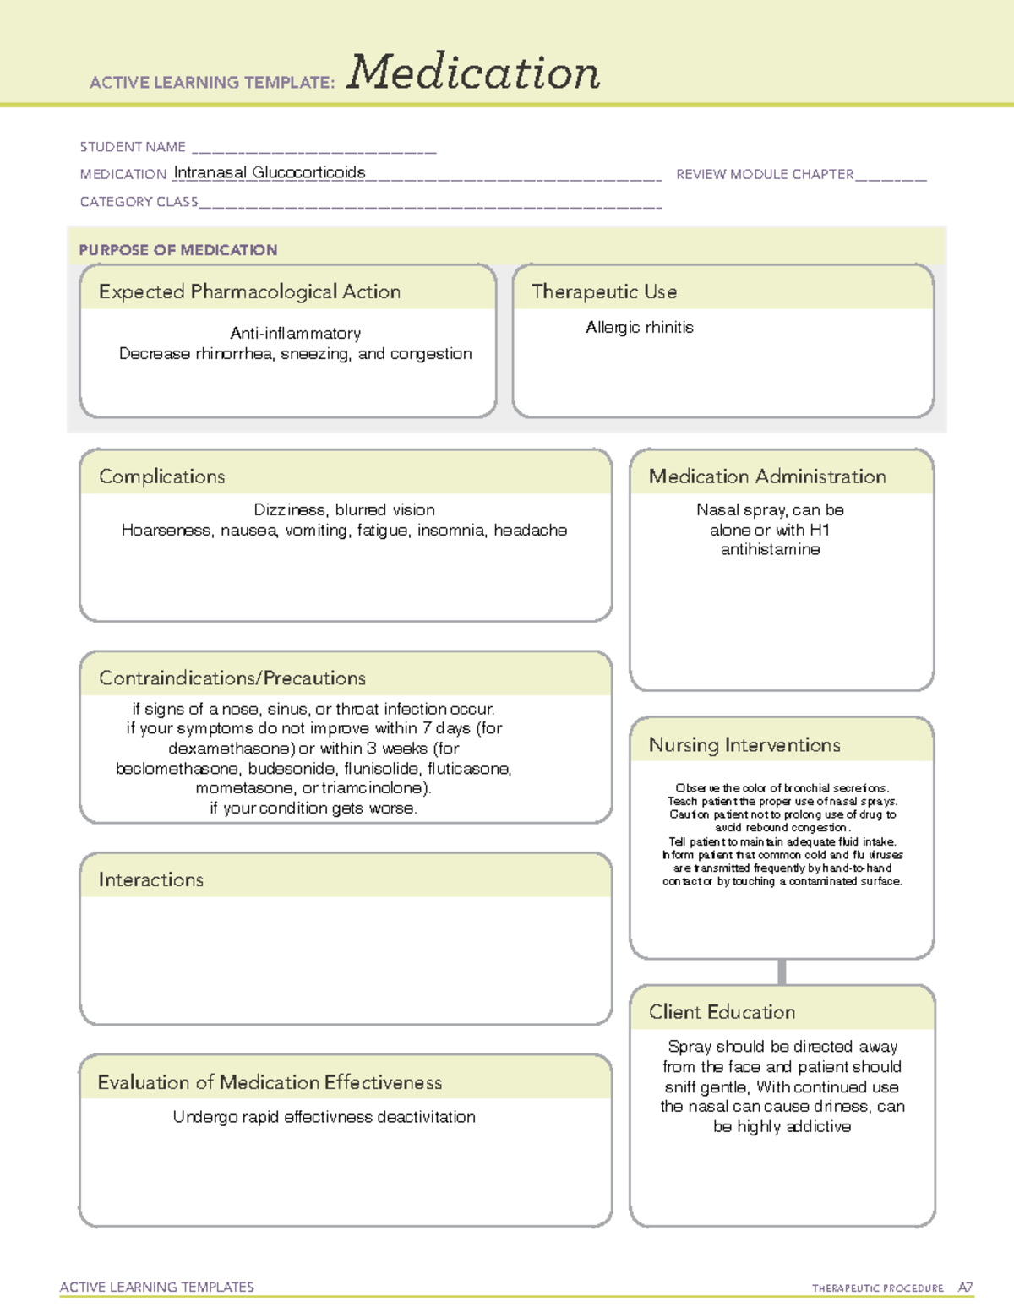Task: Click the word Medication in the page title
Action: (x=473, y=73)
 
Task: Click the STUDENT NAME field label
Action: (x=133, y=147)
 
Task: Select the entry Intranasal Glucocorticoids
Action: (x=270, y=172)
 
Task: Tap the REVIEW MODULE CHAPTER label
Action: (x=765, y=174)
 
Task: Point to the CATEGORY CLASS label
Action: (x=139, y=202)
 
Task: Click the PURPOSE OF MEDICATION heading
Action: (x=178, y=250)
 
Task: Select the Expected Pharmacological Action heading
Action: (x=249, y=291)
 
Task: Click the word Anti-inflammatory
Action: (x=295, y=333)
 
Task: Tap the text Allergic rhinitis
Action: (x=640, y=327)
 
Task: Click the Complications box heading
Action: (x=162, y=476)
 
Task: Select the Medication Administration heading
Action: (x=767, y=476)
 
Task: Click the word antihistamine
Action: (x=770, y=549)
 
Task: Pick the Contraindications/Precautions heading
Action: (x=232, y=678)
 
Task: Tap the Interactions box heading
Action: (x=151, y=880)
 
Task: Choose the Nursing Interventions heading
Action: (x=744, y=745)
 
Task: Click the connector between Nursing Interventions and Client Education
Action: (x=782, y=972)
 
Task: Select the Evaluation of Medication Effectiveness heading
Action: (x=270, y=1082)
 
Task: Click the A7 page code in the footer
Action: (x=965, y=1288)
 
